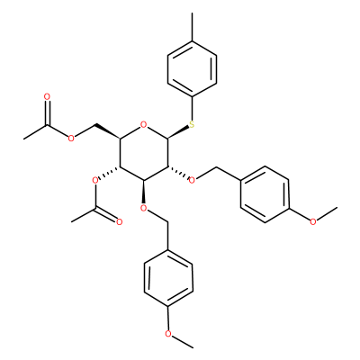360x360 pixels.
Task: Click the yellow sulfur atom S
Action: click(192, 124)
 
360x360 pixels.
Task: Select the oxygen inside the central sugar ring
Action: click(144, 124)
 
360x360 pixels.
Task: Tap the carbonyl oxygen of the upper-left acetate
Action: click(47, 97)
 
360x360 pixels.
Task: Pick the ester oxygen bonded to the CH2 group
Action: click(71, 139)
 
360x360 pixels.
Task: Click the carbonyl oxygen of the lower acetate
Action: click(120, 222)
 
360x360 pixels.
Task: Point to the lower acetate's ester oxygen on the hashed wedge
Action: click(95, 180)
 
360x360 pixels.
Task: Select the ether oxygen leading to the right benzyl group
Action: click(192, 180)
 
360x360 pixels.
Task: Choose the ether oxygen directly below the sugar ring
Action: click(144, 208)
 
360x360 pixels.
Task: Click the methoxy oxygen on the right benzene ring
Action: click(313, 222)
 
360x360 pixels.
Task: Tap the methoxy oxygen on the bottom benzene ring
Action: click(168, 334)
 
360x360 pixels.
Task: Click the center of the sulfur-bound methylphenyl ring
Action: click(193, 69)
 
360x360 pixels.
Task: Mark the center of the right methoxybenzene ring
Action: click(265, 194)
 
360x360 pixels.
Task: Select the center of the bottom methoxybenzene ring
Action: click(168, 278)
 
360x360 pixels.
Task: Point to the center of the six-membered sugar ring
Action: click(144, 153)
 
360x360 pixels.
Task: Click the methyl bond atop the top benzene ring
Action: click(193, 27)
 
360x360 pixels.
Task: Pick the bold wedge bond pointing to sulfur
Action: click(179, 132)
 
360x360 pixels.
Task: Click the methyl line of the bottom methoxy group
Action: click(183, 342)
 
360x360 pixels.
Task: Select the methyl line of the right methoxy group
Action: click(327, 214)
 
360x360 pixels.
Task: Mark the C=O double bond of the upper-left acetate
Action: click(47, 112)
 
